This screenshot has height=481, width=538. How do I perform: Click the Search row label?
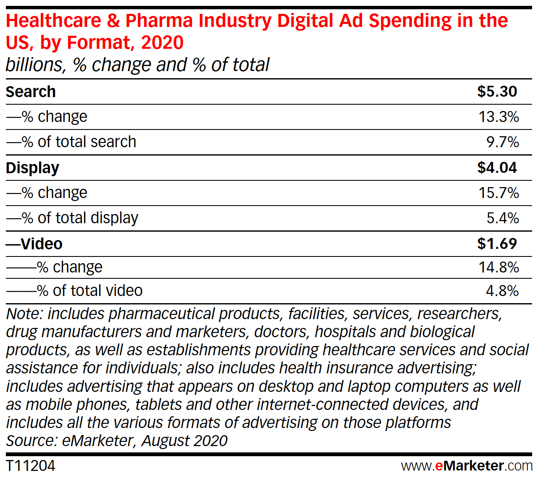pos(31,92)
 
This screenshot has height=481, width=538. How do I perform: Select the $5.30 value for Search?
pos(497,92)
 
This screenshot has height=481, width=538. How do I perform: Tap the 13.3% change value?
pos(498,116)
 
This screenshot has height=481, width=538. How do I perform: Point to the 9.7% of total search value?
pos(502,142)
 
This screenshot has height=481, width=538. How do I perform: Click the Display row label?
pos(32,168)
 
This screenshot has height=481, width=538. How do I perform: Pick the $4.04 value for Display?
pos(497,168)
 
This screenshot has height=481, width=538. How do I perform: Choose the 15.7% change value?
pos(498,193)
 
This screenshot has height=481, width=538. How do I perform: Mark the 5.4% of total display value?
pos(502,218)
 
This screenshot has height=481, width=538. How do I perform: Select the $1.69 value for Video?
pos(497,244)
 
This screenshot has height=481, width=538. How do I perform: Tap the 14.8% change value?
pos(498,267)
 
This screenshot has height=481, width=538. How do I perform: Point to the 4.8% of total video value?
pos(502,291)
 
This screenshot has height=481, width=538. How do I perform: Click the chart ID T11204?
pos(31,466)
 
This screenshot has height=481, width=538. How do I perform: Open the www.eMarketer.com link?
pos(467,466)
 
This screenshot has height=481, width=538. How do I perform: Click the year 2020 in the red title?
pos(162,42)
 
